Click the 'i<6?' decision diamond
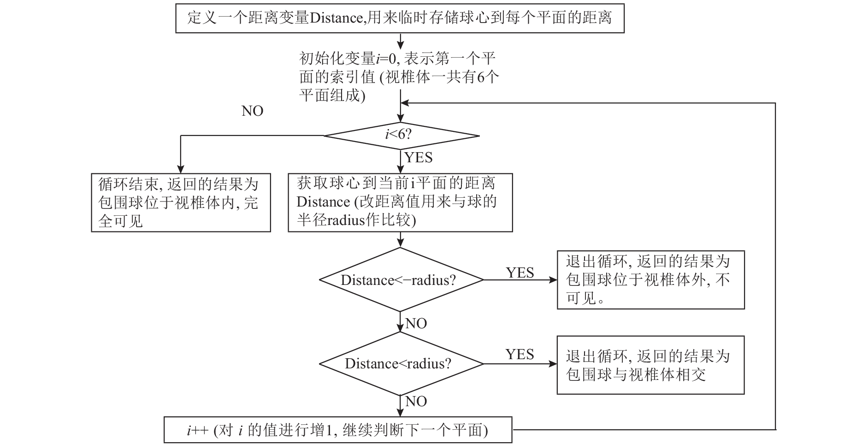pos(402,136)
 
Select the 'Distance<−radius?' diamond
pos(401,280)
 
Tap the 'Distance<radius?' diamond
pos(401,363)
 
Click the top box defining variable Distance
pos(400,18)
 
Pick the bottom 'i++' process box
pos(338,430)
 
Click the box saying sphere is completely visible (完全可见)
pos(181,202)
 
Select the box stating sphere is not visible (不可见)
pos(650,280)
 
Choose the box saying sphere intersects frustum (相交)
pos(650,365)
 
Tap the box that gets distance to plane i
pos(400,202)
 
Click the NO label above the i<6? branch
pos(253,111)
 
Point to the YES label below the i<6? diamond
pos(419,158)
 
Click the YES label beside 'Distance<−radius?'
pos(520,272)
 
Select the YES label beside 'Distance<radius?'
pos(520,354)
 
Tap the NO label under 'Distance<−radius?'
pos(416,324)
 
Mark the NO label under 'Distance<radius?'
pos(416,402)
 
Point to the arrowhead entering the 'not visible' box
pos(553,280)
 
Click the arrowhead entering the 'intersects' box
pos(553,364)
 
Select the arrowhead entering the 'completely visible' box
pos(181,169)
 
